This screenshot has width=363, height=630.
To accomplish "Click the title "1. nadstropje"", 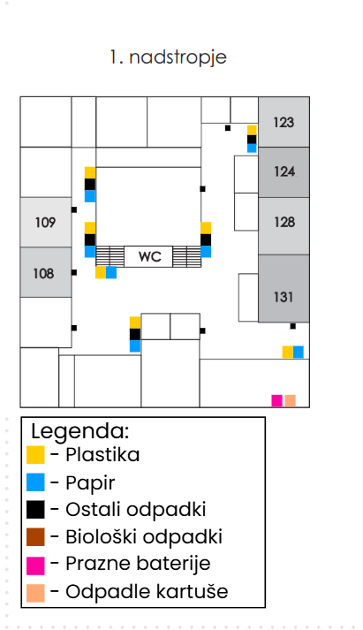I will click(x=169, y=57).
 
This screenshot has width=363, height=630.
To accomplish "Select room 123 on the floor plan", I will click(x=284, y=123).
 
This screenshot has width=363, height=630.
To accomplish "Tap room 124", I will click(x=284, y=172).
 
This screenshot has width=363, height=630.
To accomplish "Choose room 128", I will click(x=284, y=222).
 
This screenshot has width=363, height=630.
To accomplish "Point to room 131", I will click(x=284, y=297).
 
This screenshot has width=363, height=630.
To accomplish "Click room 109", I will click(x=45, y=222).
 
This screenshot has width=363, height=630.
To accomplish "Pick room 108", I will click(x=44, y=273).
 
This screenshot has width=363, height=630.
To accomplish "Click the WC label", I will click(x=148, y=257).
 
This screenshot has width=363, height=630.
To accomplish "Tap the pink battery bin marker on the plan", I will click(x=277, y=400).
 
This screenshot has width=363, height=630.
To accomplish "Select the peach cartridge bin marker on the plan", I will click(x=290, y=400).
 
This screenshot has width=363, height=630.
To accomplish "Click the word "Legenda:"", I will click(x=80, y=432).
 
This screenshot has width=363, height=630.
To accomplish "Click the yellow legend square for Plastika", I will click(x=35, y=455).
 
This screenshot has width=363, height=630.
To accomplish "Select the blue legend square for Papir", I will click(x=35, y=482).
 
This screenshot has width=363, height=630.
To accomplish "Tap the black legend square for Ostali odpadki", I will click(x=35, y=510).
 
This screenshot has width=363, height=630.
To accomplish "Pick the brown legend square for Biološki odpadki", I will click(x=35, y=536).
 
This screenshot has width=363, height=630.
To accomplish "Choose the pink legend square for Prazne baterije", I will click(x=35, y=564).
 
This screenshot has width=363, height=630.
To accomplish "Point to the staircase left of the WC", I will click(x=110, y=256).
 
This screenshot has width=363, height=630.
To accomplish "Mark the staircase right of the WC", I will click(x=186, y=256).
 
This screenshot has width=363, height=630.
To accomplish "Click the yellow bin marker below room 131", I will click(x=287, y=352).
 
